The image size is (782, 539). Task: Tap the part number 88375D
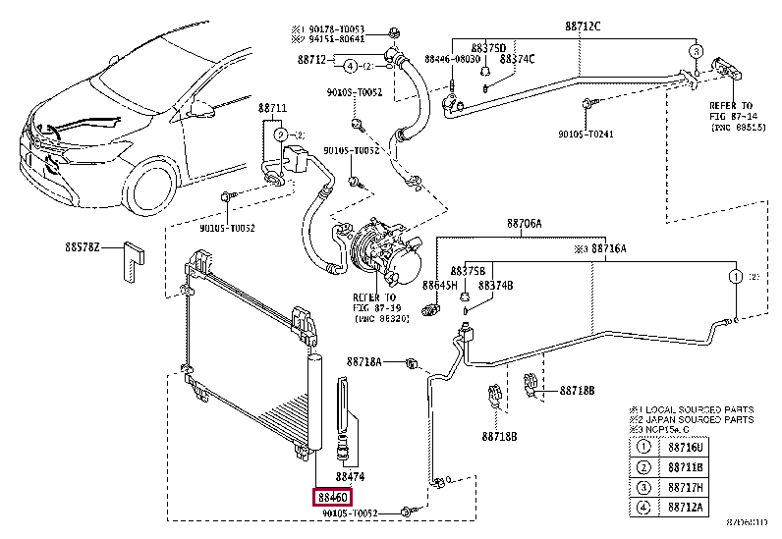[487, 47]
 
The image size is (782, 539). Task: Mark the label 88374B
[496, 285]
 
